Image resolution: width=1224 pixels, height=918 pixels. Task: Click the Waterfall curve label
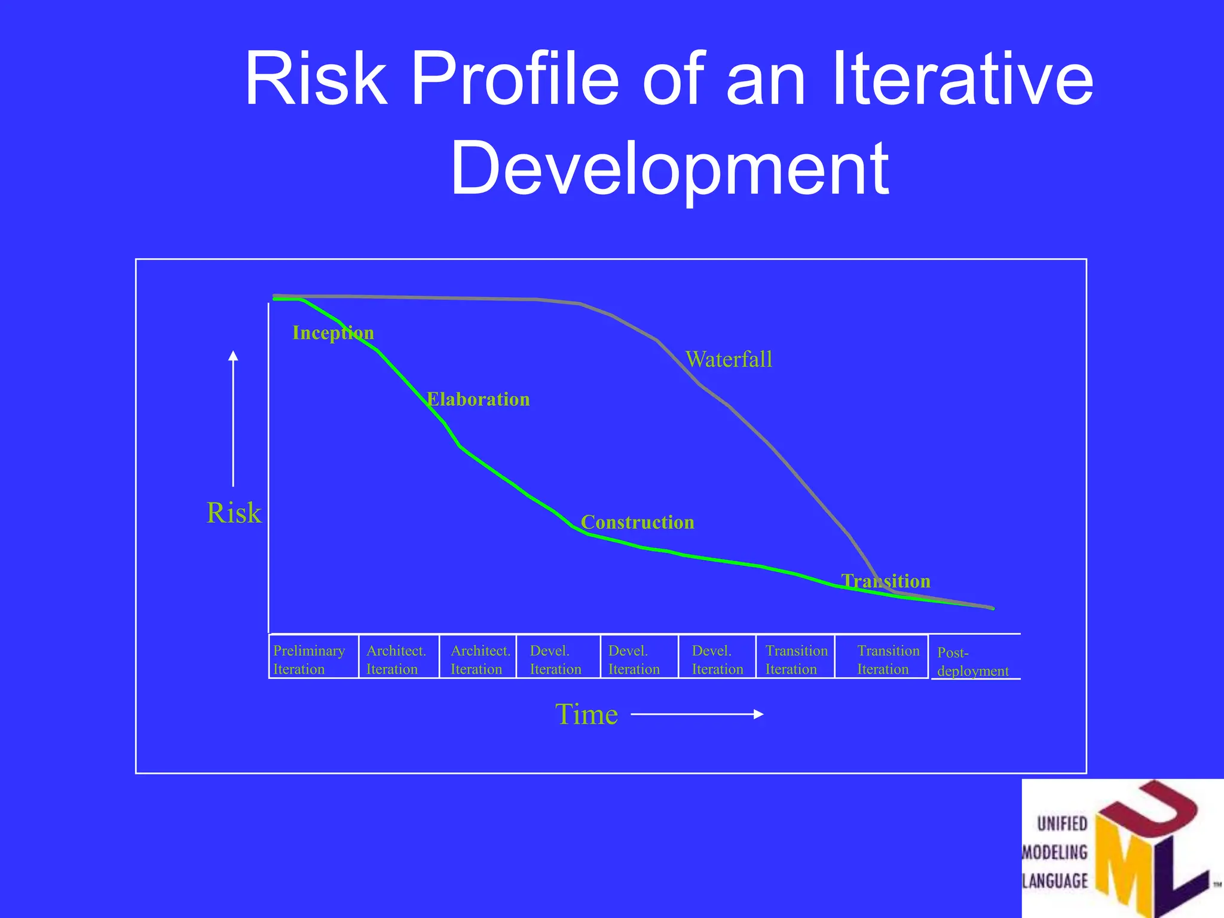pyautogui.click(x=729, y=359)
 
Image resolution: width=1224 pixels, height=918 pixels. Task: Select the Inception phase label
pyautogui.click(x=333, y=332)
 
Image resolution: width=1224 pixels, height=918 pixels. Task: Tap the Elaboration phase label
pyautogui.click(x=478, y=399)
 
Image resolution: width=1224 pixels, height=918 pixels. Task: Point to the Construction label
pyautogui.click(x=637, y=522)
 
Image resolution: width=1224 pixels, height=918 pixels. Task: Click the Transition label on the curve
pyautogui.click(x=886, y=581)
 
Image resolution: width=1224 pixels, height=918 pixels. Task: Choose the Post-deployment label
pyautogui.click(x=972, y=661)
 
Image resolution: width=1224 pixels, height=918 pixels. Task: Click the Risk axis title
pyautogui.click(x=234, y=513)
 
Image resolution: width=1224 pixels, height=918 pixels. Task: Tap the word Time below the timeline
pyautogui.click(x=586, y=714)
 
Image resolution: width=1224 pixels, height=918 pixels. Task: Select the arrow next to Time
pyautogui.click(x=697, y=714)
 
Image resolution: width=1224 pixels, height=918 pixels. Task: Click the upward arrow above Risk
pyautogui.click(x=233, y=418)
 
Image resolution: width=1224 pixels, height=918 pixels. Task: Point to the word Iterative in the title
pyautogui.click(x=962, y=79)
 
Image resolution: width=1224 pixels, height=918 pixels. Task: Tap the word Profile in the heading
pyautogui.click(x=515, y=79)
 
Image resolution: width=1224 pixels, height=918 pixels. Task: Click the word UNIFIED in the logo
pyautogui.click(x=1062, y=824)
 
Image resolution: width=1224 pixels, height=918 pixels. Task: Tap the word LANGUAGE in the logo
pyautogui.click(x=1055, y=880)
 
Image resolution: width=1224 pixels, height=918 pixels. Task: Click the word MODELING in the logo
pyautogui.click(x=1055, y=852)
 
